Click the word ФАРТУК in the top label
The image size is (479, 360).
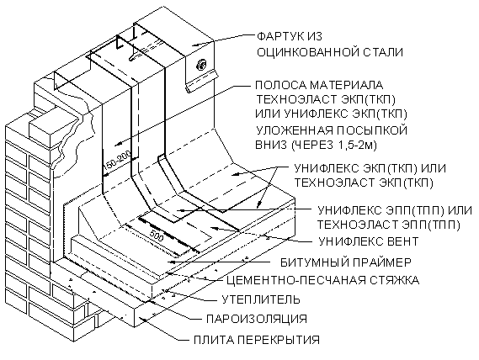tap(278, 36)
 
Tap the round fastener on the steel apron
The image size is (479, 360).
tap(202, 65)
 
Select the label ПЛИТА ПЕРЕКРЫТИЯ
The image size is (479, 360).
tap(257, 340)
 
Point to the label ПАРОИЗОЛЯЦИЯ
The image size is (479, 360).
tap(257, 319)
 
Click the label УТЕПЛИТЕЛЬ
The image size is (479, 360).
tap(261, 299)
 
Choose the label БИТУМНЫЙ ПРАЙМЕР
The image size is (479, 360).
tap(346, 262)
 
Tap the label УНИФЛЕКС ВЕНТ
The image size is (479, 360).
tap(369, 241)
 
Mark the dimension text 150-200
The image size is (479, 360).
tap(117, 161)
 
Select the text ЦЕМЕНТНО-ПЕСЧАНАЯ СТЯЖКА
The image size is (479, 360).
tap(322, 280)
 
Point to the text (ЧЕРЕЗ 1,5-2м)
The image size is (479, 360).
tap(333, 146)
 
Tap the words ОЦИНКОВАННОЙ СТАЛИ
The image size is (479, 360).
tap(330, 52)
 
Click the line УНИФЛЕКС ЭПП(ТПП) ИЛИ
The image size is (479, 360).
tap(395, 210)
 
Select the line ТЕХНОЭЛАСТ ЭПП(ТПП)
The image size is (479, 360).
tap(388, 225)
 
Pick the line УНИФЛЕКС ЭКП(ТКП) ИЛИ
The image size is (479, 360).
tap(370, 168)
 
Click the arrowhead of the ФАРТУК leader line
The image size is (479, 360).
tap(194, 45)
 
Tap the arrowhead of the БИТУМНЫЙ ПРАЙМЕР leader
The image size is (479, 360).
tap(172, 262)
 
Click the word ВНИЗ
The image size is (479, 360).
tap(271, 146)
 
